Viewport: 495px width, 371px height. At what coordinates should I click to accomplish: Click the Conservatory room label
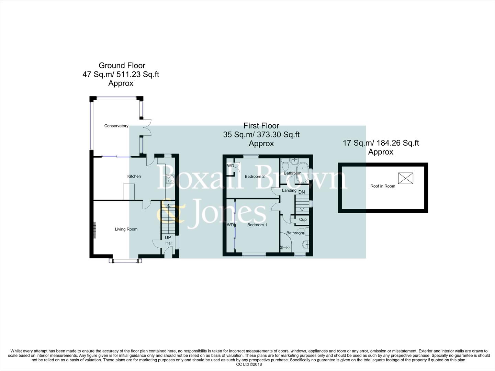click(x=116, y=126)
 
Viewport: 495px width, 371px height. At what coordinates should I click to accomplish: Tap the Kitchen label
click(x=134, y=176)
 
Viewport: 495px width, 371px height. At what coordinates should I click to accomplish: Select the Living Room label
click(x=126, y=229)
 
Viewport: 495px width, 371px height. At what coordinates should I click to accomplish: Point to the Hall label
click(x=169, y=243)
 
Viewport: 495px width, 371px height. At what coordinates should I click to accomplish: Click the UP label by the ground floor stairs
click(x=168, y=237)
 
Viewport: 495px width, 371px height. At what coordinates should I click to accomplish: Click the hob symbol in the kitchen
click(x=170, y=179)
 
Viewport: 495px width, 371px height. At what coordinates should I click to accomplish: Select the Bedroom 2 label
click(x=255, y=177)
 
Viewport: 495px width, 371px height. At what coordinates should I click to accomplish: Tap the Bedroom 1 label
click(x=257, y=225)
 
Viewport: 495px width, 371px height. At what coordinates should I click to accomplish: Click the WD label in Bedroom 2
click(x=230, y=166)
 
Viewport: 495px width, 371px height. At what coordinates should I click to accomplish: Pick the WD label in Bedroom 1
click(x=230, y=225)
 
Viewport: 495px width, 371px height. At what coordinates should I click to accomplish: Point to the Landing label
click(x=289, y=190)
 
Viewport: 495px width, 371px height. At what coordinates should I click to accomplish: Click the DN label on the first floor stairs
click(x=301, y=192)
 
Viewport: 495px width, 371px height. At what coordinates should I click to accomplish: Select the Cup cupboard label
click(x=303, y=220)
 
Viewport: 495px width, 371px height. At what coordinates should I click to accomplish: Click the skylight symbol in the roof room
click(x=405, y=178)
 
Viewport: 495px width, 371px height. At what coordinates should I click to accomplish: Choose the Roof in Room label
click(x=383, y=186)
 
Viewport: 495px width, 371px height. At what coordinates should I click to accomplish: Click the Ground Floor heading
click(x=122, y=66)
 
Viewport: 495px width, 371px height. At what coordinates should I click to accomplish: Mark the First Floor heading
click(x=261, y=126)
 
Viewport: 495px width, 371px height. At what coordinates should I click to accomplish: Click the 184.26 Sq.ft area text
click(x=398, y=143)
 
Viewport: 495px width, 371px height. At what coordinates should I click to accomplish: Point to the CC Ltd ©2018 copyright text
click(x=249, y=364)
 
